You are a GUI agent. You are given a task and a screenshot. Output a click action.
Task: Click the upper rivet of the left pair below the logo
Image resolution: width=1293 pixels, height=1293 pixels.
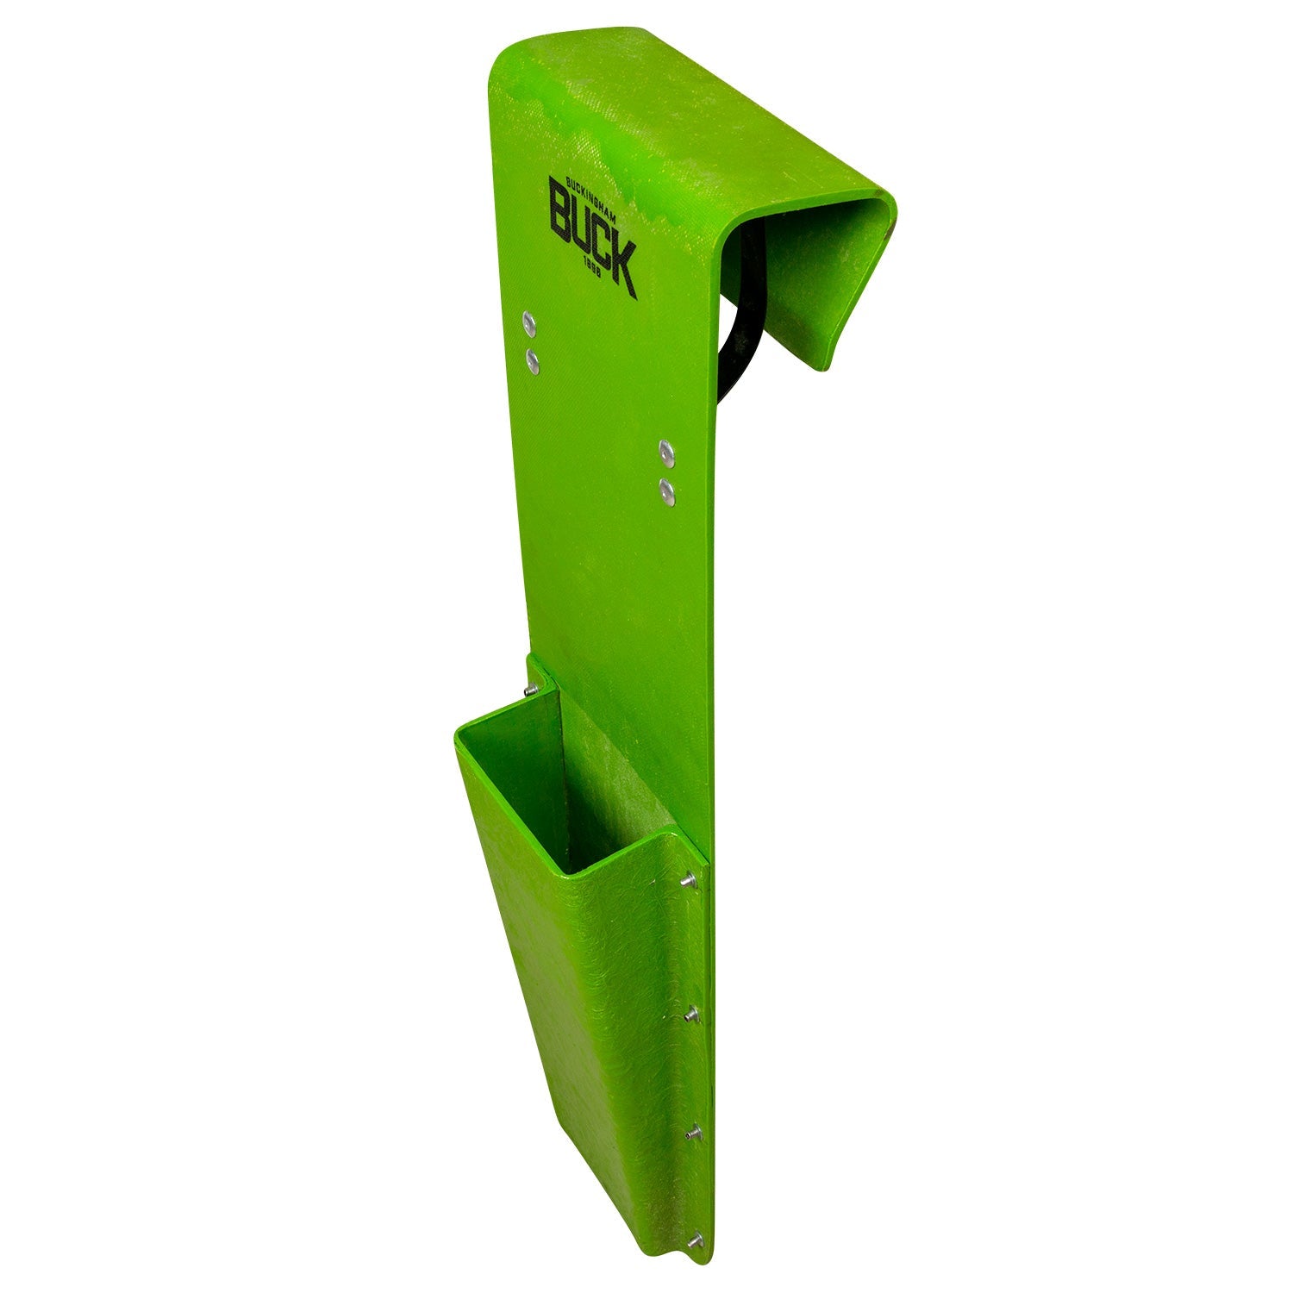tap(529, 324)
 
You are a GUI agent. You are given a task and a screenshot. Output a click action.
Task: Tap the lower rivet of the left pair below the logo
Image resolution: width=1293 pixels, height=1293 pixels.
tap(534, 359)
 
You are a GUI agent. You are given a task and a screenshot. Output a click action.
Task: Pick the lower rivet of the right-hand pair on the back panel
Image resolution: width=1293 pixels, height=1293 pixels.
tap(666, 492)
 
